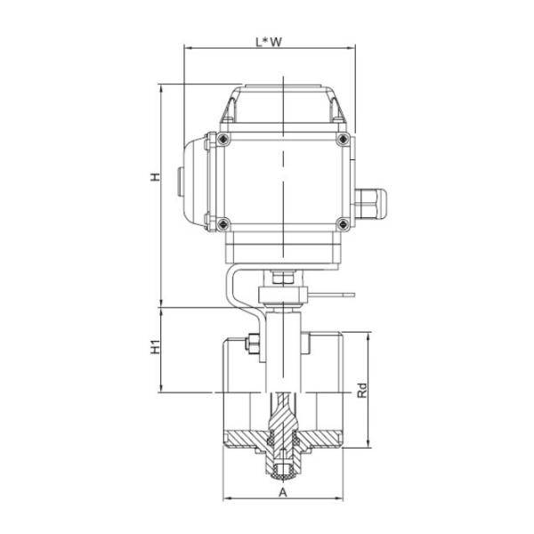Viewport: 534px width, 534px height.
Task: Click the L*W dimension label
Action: pyautogui.click(x=268, y=40)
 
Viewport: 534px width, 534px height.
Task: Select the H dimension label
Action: pyautogui.click(x=154, y=178)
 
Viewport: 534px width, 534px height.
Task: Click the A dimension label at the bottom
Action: pyautogui.click(x=283, y=491)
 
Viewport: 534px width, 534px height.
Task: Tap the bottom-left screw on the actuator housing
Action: pyautogui.click(x=222, y=222)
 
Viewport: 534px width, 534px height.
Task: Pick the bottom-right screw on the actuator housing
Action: pyautogui.click(x=340, y=222)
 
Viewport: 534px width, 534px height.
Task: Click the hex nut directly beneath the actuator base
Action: pyautogui.click(x=282, y=279)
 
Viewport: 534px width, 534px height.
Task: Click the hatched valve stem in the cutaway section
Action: pyautogui.click(x=282, y=418)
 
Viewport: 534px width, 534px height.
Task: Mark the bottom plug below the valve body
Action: pyautogui.click(x=282, y=469)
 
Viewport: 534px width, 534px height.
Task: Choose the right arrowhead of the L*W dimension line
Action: pyautogui.click(x=353, y=48)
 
